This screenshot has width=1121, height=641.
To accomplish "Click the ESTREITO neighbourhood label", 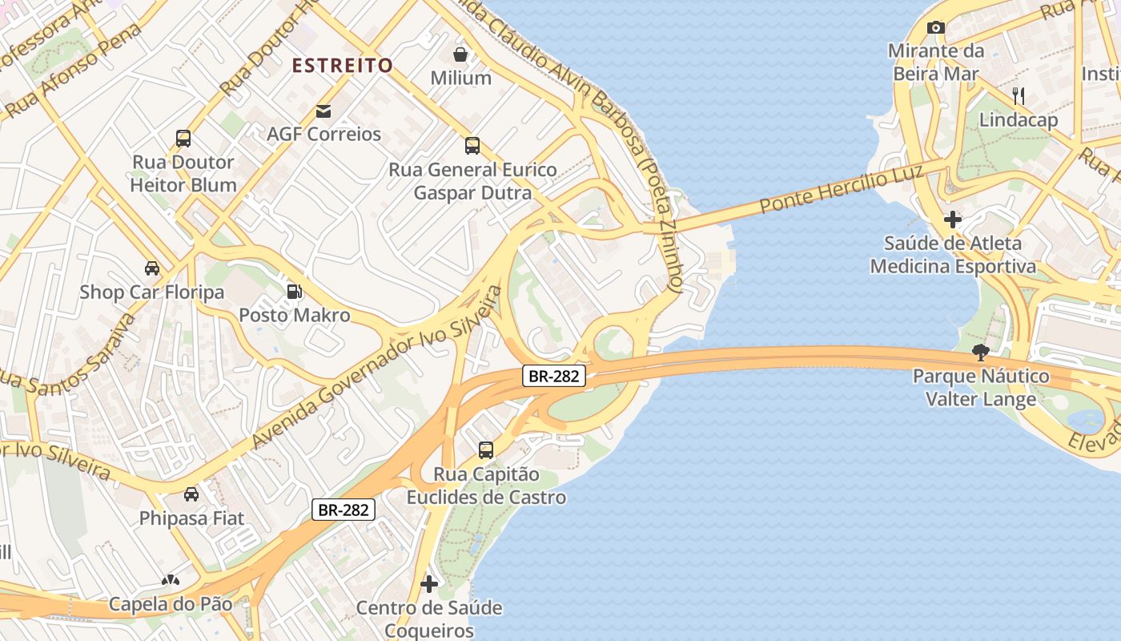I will [342, 66].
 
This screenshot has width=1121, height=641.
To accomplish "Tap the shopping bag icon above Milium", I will [460, 54].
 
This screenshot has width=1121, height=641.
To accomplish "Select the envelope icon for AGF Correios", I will [323, 111].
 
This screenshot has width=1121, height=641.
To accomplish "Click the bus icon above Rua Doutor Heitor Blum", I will [183, 139].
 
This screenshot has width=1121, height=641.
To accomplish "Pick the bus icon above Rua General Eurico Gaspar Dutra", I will [472, 146].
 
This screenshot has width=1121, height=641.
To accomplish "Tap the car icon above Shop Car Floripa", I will [152, 268].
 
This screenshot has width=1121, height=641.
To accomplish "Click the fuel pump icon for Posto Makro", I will [295, 292].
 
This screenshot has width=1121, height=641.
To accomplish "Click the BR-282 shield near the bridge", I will [554, 376].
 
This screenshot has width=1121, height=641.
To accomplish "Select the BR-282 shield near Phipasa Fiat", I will [344, 509].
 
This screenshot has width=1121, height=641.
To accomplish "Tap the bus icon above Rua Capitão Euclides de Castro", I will [486, 450].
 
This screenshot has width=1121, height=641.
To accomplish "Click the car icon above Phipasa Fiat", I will [191, 494].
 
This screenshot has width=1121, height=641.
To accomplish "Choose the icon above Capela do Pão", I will [170, 579].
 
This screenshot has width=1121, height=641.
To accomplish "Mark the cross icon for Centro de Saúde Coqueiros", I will [429, 584].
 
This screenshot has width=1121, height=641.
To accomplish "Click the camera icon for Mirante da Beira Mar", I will [935, 28].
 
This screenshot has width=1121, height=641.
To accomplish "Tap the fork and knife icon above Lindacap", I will [1019, 96].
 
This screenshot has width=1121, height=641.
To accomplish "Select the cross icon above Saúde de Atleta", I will [952, 219].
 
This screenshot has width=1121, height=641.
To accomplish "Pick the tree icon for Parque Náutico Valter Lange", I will [980, 352].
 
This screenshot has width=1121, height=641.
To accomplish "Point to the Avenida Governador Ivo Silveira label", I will [376, 367].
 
